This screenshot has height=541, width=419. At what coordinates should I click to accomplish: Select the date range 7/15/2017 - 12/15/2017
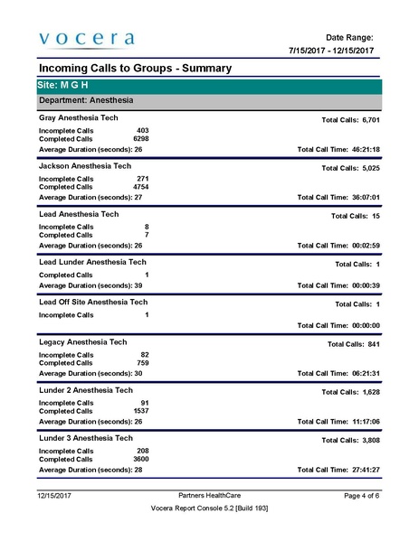[x=331, y=50]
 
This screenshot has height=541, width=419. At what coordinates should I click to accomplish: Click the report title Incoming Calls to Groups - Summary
[x=135, y=69]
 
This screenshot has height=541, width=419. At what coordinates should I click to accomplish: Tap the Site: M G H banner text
[x=63, y=85]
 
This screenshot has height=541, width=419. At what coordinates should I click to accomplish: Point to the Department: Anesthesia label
[x=86, y=101]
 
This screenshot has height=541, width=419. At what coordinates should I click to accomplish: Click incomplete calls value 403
[x=142, y=131]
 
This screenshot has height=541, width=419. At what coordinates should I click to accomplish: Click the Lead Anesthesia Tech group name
[x=79, y=214]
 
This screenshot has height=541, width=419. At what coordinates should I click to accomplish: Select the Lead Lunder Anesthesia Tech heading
[x=92, y=262]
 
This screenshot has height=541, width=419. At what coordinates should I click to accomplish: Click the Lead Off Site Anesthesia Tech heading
[x=93, y=302]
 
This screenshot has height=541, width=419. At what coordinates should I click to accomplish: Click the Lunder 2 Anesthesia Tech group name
[x=86, y=390]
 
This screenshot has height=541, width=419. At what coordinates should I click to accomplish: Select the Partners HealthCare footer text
[x=210, y=496]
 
